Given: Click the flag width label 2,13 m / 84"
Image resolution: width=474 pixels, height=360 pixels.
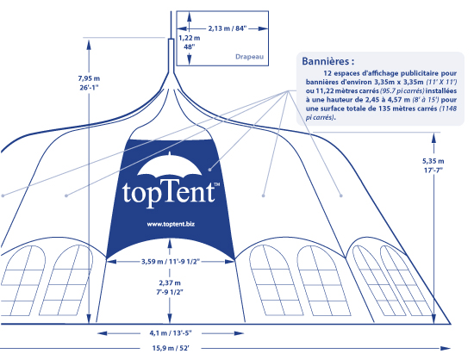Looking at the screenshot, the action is [228, 28].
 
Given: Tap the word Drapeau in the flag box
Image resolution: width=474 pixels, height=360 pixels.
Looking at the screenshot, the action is [249, 57].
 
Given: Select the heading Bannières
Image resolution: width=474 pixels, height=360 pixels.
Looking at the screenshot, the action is [328, 61].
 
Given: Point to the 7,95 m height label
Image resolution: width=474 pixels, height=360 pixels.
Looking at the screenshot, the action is [89, 78].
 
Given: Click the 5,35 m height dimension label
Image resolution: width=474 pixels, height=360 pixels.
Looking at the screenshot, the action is [433, 161].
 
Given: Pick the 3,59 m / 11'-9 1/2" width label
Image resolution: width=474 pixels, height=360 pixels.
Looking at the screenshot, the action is [171, 261].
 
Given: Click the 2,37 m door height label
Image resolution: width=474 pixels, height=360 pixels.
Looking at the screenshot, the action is [170, 283].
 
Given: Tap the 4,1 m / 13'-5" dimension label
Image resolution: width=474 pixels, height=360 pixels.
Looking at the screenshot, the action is [171, 333].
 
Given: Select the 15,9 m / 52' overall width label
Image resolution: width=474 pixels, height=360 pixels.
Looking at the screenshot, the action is [171, 348].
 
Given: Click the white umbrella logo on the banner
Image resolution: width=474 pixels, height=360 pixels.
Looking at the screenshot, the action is [170, 165].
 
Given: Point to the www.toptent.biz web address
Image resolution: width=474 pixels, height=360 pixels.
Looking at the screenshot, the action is [171, 224].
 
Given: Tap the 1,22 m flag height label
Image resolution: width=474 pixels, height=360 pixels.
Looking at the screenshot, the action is [190, 39].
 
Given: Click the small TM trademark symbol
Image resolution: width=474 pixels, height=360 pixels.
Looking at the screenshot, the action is [216, 184].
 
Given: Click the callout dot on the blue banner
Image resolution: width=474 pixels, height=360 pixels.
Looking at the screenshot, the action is [209, 170].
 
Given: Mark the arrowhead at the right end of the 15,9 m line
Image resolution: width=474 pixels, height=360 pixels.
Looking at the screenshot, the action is [446, 348].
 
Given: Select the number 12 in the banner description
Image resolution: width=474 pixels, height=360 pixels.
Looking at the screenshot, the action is [327, 73].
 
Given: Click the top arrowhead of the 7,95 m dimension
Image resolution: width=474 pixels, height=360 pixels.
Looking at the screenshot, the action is [89, 44].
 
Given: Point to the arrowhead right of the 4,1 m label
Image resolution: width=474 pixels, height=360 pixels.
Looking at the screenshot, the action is [239, 333].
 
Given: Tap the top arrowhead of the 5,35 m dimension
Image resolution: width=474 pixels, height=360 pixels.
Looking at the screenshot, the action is [433, 139].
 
